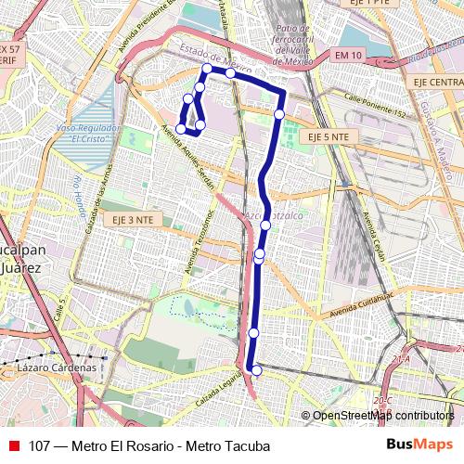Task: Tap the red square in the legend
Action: pos(14,446)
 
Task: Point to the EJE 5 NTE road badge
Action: pos(328,136)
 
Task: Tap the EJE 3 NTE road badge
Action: pos(133,220)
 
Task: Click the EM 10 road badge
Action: pos(348,57)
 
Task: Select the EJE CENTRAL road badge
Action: pos(434,83)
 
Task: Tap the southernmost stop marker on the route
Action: pos(257,370)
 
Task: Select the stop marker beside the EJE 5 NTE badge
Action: pos(279,114)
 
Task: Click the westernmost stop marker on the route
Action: pos(181,129)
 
